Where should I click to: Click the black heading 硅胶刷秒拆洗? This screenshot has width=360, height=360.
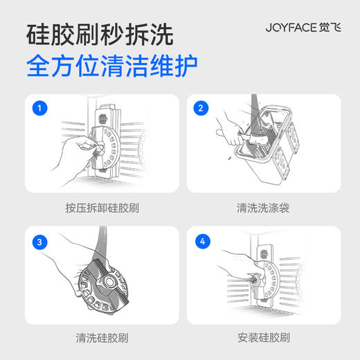(100, 34)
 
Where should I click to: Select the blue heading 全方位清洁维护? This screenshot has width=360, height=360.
(111, 68)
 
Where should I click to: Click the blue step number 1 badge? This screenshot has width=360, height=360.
(42, 109)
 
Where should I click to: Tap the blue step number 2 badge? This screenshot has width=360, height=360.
(201, 109)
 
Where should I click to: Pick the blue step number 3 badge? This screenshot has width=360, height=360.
(42, 242)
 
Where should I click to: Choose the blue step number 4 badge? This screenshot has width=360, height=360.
(201, 242)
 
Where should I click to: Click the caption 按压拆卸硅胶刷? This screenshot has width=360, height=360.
(100, 207)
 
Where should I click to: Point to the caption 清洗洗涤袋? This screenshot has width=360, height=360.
(260, 207)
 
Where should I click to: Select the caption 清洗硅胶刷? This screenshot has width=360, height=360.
(100, 339)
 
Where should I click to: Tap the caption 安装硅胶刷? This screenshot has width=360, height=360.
(260, 339)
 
